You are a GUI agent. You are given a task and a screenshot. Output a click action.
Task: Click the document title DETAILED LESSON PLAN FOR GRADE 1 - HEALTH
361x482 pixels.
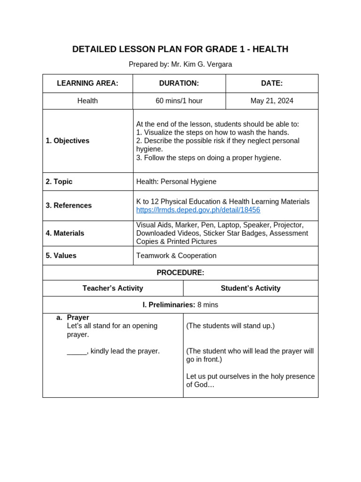180,49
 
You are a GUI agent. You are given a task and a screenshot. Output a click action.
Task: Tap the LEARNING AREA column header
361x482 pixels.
87,83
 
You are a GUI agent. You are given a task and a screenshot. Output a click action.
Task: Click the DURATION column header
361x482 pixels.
179,83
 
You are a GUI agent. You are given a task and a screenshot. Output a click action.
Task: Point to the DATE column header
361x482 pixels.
272,83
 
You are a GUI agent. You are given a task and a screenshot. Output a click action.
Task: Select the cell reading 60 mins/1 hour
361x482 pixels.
179,101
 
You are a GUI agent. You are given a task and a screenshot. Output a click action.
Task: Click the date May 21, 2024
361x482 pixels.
272,101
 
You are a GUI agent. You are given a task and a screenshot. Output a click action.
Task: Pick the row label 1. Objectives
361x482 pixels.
68,141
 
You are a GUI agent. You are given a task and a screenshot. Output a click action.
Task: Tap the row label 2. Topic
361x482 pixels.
59,182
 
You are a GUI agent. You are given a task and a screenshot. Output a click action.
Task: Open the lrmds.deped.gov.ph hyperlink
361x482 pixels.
198,210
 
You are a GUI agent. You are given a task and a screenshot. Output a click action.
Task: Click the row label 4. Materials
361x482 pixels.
65,233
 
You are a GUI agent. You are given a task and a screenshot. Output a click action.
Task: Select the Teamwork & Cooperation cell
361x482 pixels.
176,256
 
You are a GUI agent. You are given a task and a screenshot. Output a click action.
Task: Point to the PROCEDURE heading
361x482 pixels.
180,273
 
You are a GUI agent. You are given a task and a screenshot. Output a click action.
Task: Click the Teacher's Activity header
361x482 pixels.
113,289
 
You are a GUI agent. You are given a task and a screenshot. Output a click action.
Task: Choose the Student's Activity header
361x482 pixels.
251,289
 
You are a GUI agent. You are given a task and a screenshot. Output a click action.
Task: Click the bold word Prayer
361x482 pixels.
78,318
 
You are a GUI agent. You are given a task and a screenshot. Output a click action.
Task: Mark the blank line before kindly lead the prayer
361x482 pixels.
77,352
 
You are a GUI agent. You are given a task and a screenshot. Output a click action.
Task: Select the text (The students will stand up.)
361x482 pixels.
230,326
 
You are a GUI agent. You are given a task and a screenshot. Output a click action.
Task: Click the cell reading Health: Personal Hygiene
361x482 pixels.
176,182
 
